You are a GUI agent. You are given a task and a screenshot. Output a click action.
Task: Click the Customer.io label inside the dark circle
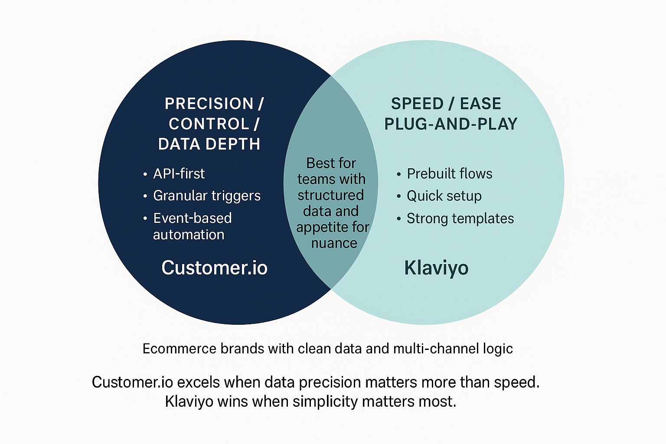coord(214,268)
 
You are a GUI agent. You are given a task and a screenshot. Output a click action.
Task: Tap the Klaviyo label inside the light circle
coord(436,268)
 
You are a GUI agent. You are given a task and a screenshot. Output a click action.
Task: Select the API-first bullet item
coord(179,174)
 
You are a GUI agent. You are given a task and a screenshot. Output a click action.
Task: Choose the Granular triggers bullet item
coord(207,196)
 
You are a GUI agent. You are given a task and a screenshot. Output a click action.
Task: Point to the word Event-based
coord(193,218)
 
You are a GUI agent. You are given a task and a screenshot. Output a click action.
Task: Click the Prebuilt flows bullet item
coord(449,174)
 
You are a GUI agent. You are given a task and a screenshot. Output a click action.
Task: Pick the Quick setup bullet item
coord(444,196)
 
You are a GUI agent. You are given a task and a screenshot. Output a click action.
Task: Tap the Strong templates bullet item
coord(460,219)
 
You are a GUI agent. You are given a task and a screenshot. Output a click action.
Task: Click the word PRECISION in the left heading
coord(209,104)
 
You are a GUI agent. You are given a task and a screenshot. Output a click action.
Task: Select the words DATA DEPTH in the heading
coord(209,144)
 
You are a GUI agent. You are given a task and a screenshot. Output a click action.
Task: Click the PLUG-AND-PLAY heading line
coord(451,124)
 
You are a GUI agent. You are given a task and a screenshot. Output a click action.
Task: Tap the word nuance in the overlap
coord(334,243)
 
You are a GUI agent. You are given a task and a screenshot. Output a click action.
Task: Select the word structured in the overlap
coord(330,195)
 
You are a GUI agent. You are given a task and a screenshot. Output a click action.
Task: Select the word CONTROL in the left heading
coord(209,124)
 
